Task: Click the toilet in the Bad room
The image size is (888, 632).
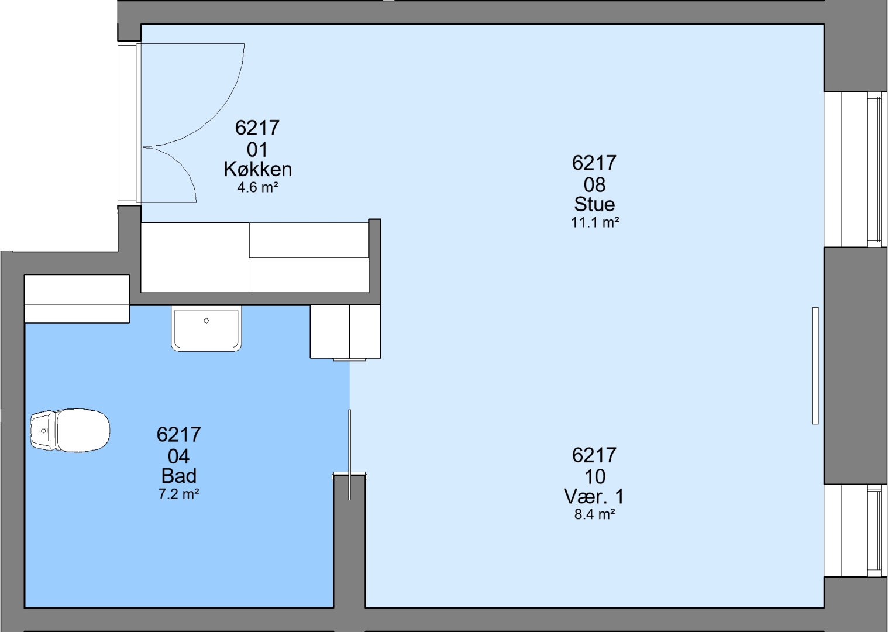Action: tap(70, 431)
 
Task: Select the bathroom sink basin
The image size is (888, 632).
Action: tap(206, 329)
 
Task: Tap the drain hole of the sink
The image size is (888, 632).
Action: tap(206, 321)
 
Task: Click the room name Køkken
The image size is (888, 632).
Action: tap(257, 170)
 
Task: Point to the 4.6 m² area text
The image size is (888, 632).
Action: tap(257, 187)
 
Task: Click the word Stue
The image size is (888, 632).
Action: tap(595, 204)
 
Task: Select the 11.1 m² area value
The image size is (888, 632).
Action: tap(595, 222)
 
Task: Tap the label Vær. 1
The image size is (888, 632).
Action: tap(594, 496)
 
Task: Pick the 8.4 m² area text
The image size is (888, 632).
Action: tap(595, 514)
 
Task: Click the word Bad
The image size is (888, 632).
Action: tap(179, 476)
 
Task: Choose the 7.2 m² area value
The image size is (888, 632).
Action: tap(179, 494)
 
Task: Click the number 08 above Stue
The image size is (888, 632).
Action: tap(595, 185)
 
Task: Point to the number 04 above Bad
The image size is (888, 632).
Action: tap(179, 457)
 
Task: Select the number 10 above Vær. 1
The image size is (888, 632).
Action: tap(595, 476)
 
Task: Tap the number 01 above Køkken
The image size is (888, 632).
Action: tap(257, 150)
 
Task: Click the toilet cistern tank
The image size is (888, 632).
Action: tap(43, 431)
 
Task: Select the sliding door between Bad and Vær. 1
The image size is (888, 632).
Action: tap(349, 455)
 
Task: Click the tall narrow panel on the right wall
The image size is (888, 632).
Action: tap(815, 366)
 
